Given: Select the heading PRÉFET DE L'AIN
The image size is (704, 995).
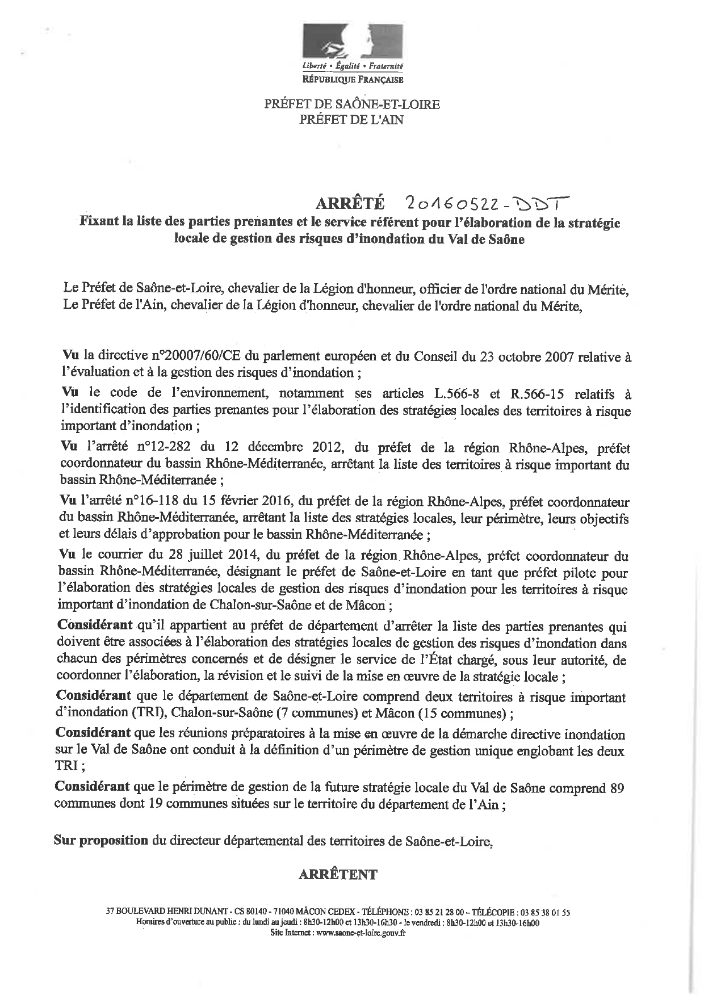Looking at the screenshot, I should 351,119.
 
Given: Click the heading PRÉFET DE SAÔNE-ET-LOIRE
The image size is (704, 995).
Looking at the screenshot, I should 351,104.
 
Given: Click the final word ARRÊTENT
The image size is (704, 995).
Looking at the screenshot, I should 337,874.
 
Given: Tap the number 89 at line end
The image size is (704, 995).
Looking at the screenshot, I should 618,788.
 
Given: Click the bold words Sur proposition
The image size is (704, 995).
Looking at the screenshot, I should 101,840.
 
